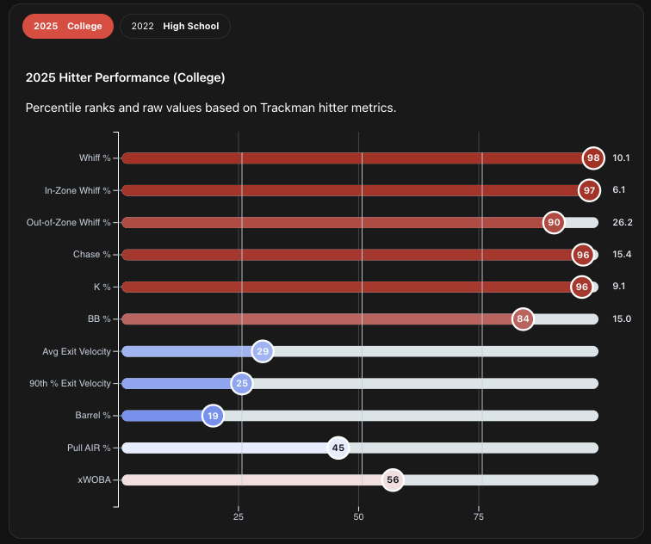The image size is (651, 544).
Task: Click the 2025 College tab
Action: pos(67,26)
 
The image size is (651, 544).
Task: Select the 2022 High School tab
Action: pos(175,26)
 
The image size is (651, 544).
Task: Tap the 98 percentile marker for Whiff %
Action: pos(592,158)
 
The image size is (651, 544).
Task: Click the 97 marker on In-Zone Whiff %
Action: pos(589,190)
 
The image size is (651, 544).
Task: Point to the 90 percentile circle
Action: pos(554,222)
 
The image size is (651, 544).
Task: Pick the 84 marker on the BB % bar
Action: pos(522,318)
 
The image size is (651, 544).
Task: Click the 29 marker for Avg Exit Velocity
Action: pos(263,351)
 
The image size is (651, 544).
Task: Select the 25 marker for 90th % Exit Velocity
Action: pos(242,383)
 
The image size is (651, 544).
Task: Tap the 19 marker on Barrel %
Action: pos(213,416)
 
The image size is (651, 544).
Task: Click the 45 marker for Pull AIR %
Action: pos(338,448)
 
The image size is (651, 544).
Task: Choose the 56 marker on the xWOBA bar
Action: pos(393,480)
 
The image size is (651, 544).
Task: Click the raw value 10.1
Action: pos(622,158)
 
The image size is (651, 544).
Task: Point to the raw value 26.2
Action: pos(623,222)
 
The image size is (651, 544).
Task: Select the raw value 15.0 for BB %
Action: pos(622,318)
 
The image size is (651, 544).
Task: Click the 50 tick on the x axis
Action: pos(359,517)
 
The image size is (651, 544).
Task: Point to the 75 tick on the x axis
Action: pos(479,517)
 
